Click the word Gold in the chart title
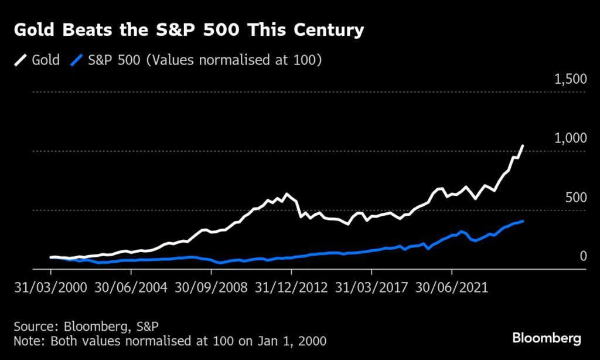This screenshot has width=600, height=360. [35, 30]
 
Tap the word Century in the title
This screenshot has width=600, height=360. [330, 30]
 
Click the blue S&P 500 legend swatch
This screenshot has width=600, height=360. [77, 60]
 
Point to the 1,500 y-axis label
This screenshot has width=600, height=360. [570, 80]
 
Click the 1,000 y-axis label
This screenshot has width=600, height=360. [570, 139]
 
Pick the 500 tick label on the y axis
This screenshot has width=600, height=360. [576, 198]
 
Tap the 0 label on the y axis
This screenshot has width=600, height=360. [583, 256]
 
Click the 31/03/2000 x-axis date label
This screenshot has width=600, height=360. [50, 288]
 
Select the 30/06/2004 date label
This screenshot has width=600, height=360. [131, 288]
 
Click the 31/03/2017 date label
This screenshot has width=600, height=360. [371, 288]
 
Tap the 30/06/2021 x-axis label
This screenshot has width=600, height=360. [451, 288]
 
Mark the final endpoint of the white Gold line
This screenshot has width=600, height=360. [523, 145]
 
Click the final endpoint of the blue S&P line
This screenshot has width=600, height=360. [523, 221]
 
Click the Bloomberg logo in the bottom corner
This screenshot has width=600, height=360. [547, 338]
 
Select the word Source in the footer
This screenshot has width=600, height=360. [33, 326]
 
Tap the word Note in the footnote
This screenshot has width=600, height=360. [27, 340]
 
